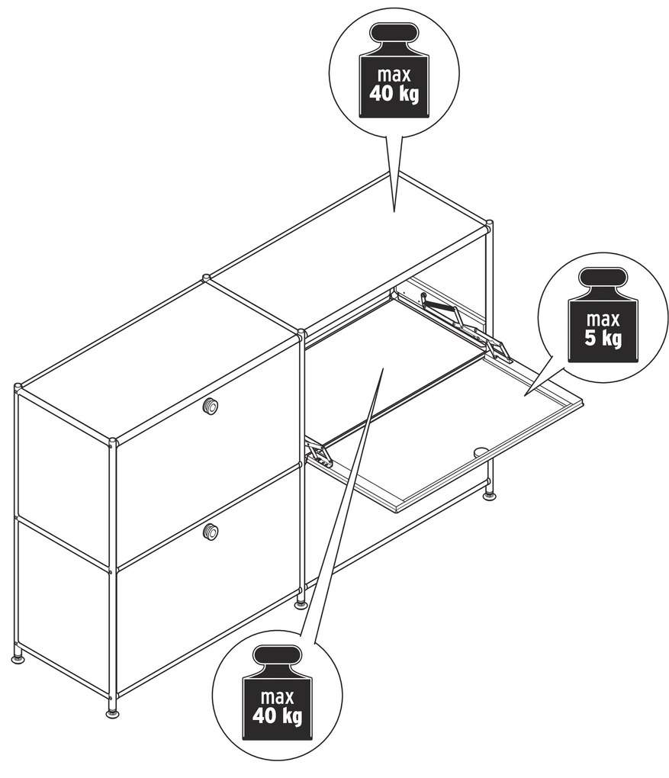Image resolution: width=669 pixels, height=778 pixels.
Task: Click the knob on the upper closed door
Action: click(210, 407)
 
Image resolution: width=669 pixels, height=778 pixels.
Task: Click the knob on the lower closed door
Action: click(211, 532)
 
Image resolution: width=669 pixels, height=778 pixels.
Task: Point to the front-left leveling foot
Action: click(113, 713)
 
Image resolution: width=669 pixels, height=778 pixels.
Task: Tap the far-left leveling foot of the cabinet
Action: click(18, 658)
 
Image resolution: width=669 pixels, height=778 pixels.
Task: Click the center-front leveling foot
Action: click(301, 604)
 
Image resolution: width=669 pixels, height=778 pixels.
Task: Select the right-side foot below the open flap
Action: click(490, 496)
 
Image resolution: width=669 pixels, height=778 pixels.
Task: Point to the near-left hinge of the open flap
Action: click(318, 454)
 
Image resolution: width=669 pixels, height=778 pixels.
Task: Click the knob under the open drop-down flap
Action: click(481, 452)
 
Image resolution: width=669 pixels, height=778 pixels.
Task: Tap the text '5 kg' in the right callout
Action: click(603, 339)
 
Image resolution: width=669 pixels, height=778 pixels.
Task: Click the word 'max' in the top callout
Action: click(394, 75)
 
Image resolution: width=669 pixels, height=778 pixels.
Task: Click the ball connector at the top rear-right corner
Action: click(489, 223)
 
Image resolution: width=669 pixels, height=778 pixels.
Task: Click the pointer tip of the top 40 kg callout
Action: click(394, 212)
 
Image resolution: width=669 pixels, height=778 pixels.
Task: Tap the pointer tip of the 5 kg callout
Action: click(524, 395)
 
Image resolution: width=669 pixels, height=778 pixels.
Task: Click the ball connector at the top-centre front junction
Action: click(301, 331)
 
